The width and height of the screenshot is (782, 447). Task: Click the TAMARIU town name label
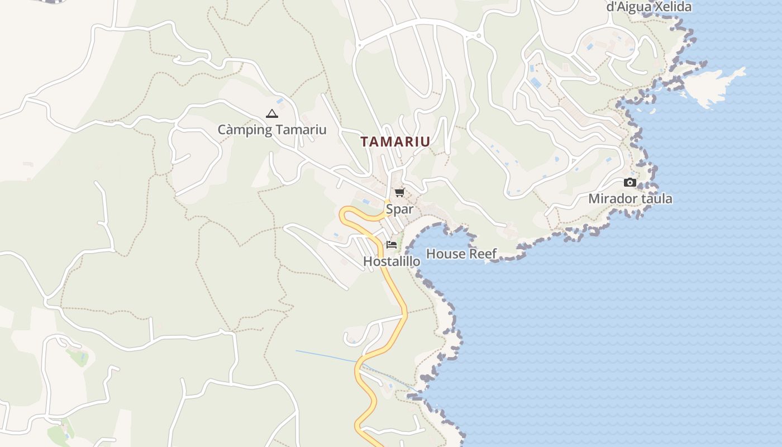tap(395, 142)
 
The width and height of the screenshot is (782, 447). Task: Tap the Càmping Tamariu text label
tap(272, 130)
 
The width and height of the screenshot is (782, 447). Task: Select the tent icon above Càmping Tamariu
tap(272, 114)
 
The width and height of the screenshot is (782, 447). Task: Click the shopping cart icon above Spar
tap(399, 193)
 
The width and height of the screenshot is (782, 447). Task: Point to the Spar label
tap(400, 210)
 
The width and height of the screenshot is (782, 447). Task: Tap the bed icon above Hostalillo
tap(392, 244)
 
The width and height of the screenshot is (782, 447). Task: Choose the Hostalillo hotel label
tap(392, 261)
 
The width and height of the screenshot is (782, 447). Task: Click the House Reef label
tap(461, 254)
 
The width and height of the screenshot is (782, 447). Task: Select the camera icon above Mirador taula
tap(630, 182)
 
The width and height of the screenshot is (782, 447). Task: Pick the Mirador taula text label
tap(630, 199)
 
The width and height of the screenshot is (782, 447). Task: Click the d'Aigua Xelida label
tap(649, 7)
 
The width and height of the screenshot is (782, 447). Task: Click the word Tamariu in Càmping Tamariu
tap(301, 130)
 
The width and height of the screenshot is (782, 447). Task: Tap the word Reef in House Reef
tap(483, 254)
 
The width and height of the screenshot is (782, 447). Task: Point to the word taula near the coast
tap(657, 199)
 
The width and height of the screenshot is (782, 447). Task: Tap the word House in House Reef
tap(445, 254)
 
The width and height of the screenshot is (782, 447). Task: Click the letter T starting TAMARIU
tap(365, 142)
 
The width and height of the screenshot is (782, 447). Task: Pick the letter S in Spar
tap(390, 210)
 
